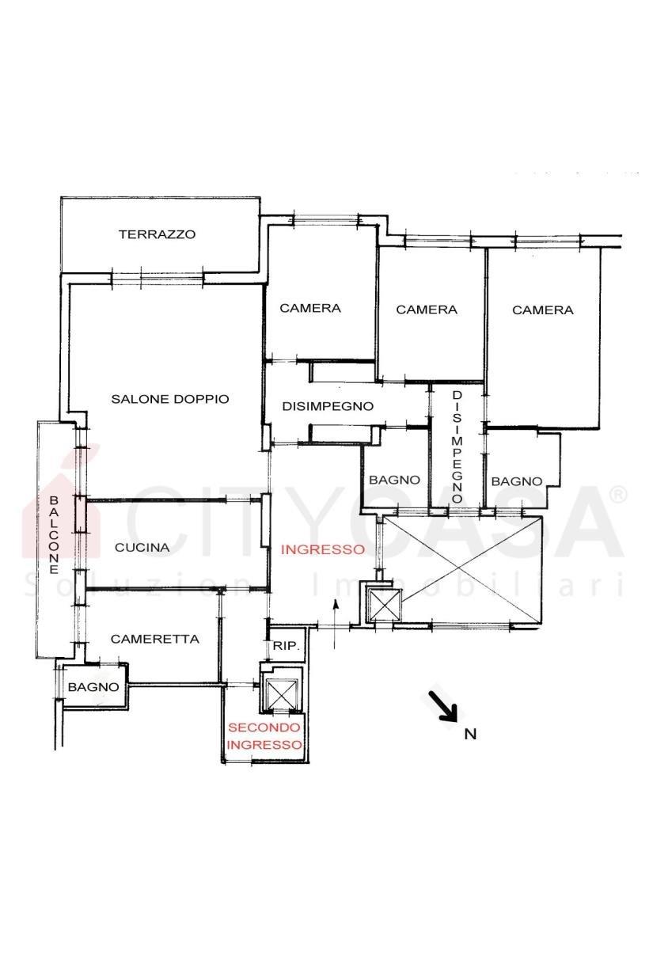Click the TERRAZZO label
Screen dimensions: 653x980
157,234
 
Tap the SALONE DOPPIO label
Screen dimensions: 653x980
170,399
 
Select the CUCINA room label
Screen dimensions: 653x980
142,547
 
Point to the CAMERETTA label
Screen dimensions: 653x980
155,639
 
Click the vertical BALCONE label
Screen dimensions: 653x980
54,534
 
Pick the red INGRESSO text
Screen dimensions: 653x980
323,549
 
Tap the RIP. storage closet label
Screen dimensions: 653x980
286,646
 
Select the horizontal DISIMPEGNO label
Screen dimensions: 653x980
328,406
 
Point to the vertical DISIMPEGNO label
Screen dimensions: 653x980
457,446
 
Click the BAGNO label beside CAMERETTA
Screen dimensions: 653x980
93,687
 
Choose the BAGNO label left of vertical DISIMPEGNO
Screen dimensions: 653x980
394,480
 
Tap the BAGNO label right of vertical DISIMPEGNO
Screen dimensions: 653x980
517,481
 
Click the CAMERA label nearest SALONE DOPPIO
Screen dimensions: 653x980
310,308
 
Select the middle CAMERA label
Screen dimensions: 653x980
427,310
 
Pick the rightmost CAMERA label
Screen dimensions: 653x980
542,310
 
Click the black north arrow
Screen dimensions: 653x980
443,705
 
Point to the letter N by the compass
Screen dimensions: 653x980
470,734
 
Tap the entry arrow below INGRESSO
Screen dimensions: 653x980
335,624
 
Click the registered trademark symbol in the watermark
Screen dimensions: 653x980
617,495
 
